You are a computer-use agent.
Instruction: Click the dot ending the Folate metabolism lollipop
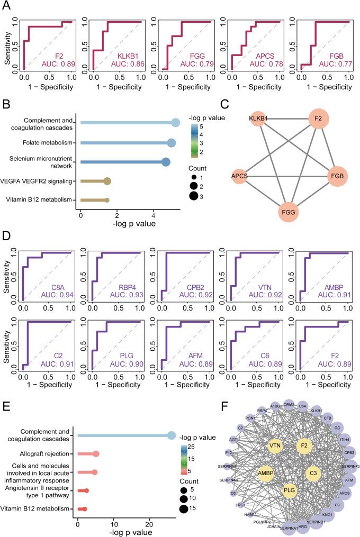click(x=171, y=143)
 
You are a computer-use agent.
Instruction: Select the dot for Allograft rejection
click(x=96, y=454)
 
